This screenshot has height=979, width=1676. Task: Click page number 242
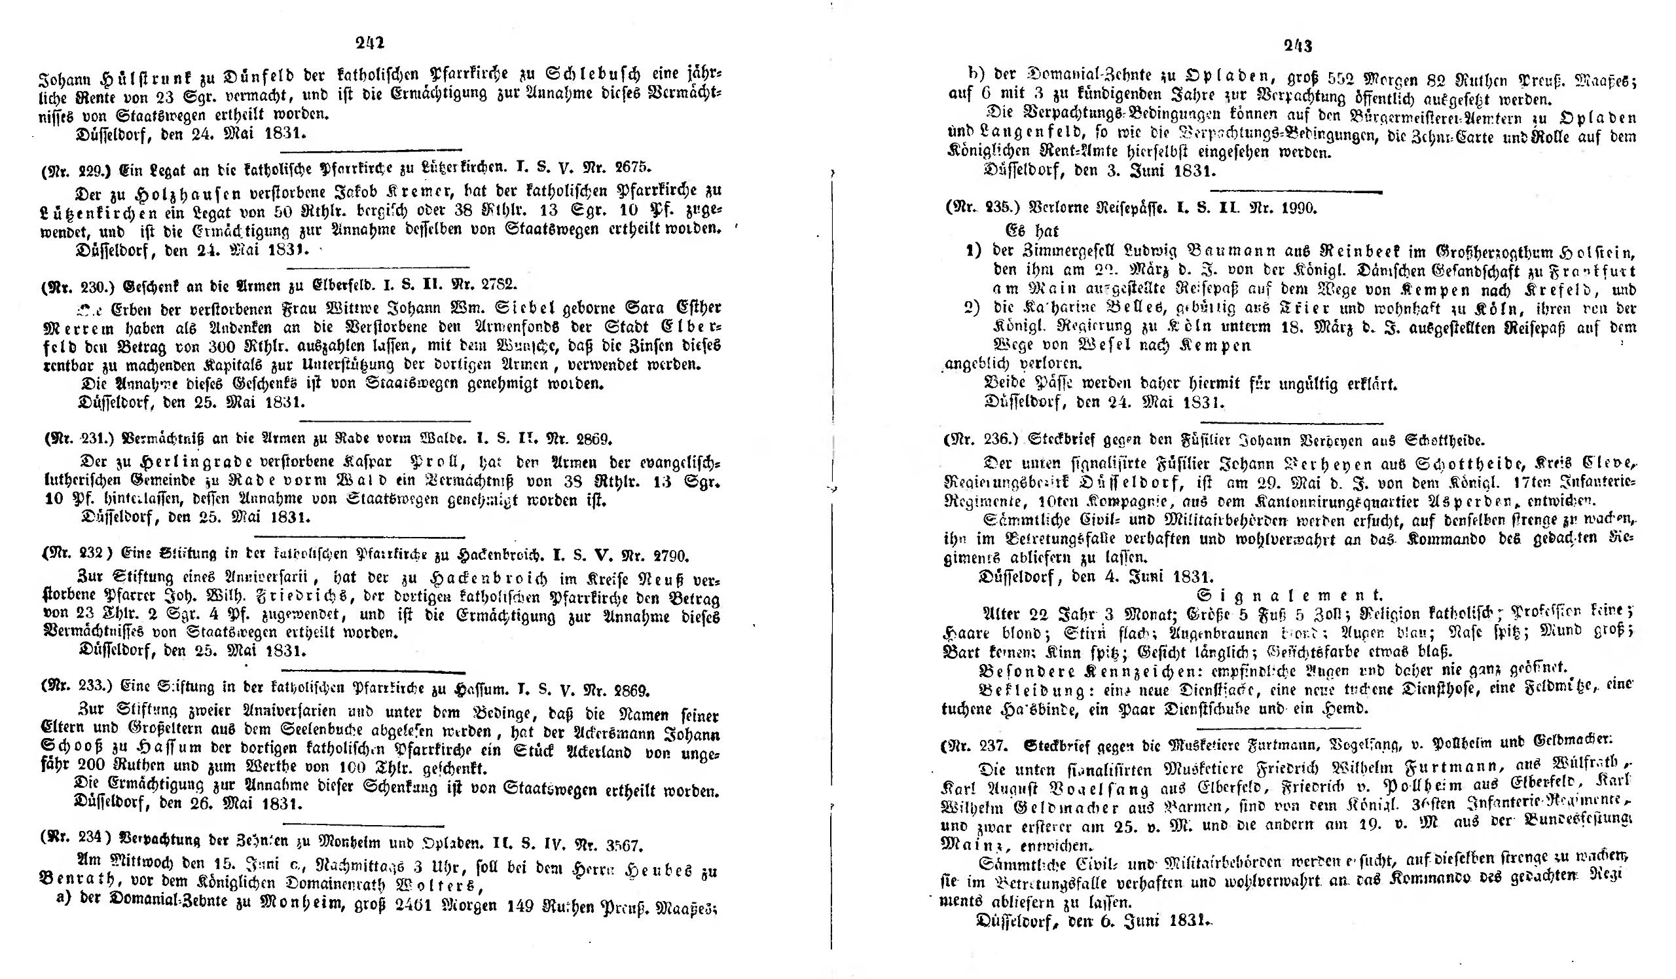coord(370,43)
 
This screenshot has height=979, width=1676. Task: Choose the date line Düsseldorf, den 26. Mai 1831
coord(190,804)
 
